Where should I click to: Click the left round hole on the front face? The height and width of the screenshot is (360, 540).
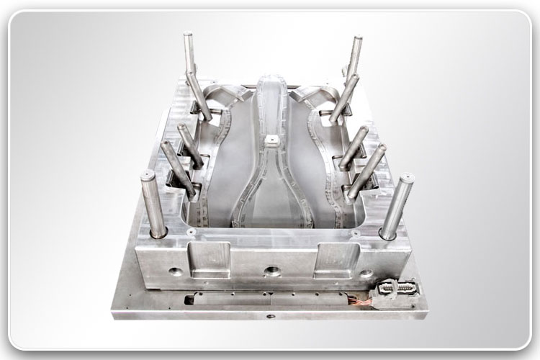pos(175,273)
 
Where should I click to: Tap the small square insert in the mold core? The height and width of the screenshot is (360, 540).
pos(272,138)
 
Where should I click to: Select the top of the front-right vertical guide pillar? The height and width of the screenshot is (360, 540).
pos(406,178)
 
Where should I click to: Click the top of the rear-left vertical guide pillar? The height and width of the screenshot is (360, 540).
pos(189,36)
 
